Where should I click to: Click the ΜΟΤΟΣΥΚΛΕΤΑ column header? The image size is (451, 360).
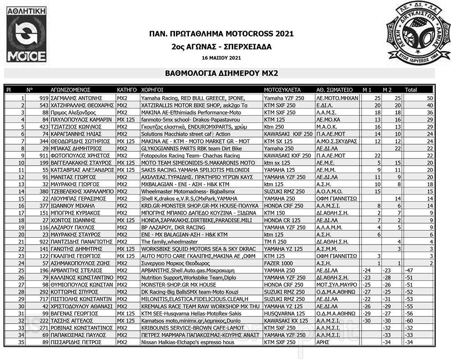[x=282, y=89]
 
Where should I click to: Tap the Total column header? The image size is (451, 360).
[x=411, y=89]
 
